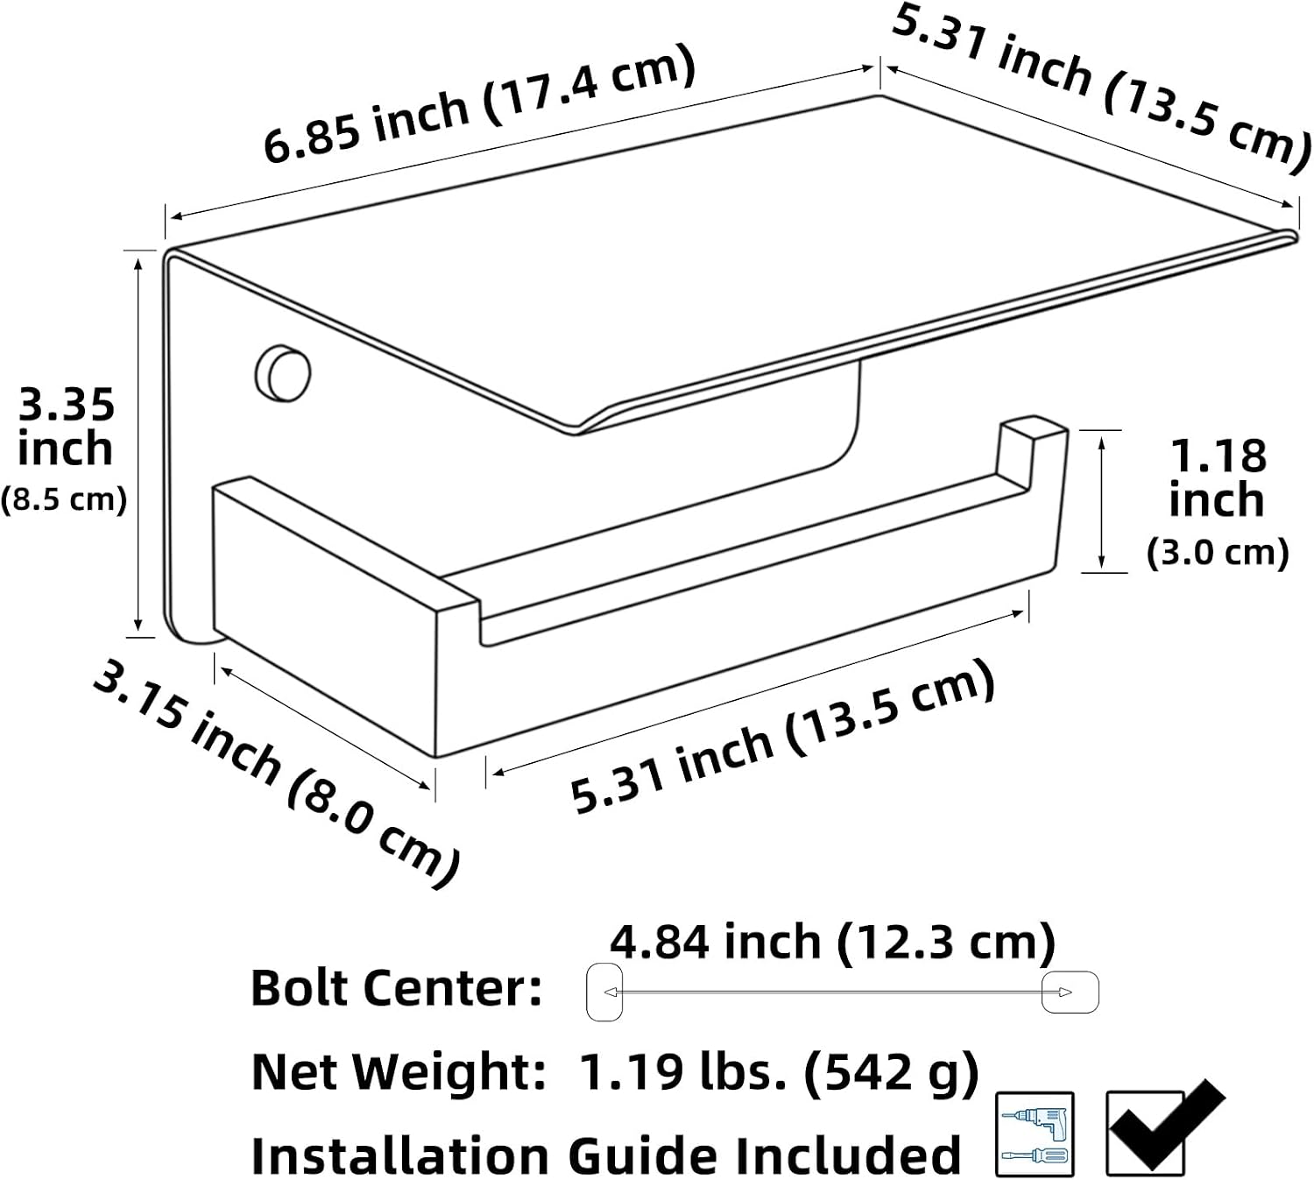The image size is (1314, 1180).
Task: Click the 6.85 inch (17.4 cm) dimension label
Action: click(x=480, y=103)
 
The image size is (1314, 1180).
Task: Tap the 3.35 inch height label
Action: click(x=66, y=427)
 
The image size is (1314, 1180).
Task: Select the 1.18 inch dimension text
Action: click(x=1217, y=478)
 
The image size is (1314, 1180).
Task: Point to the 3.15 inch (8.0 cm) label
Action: click(x=277, y=774)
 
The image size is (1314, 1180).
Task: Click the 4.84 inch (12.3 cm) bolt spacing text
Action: click(x=833, y=941)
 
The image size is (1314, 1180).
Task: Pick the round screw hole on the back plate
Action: click(x=284, y=373)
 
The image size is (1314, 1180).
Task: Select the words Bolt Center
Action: click(x=396, y=989)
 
